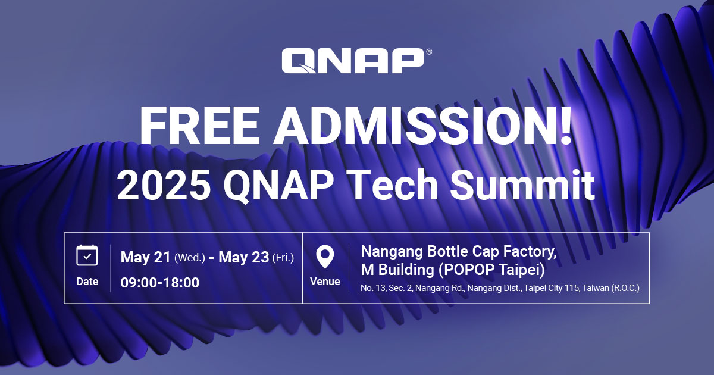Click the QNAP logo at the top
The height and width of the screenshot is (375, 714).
pyautogui.click(x=352, y=61)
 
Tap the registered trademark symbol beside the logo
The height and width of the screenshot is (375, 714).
pyautogui.click(x=429, y=52)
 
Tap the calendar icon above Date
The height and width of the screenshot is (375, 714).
pyautogui.click(x=87, y=255)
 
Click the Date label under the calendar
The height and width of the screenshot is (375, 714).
pyautogui.click(x=87, y=282)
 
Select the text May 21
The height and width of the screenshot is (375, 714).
pyautogui.click(x=145, y=257)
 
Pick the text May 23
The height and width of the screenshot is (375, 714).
pyautogui.click(x=243, y=257)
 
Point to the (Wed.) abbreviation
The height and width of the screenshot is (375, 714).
pyautogui.click(x=190, y=258)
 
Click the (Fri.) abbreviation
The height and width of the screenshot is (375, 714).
pyautogui.click(x=283, y=258)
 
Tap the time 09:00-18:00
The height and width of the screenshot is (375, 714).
pyautogui.click(x=159, y=282)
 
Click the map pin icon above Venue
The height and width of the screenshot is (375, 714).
pyautogui.click(x=325, y=257)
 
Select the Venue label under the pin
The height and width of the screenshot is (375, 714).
pyautogui.click(x=325, y=282)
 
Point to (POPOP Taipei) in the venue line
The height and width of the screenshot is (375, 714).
pyautogui.click(x=491, y=270)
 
